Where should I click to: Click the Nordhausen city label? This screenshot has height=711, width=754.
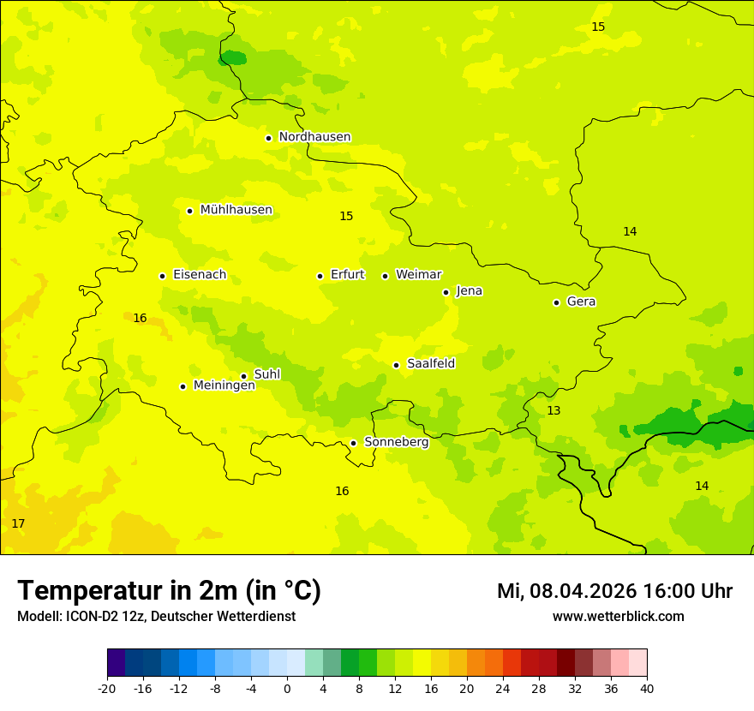tap(314, 137)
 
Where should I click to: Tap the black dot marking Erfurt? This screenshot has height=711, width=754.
tap(320, 276)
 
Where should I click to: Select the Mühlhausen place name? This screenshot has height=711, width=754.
tap(236, 210)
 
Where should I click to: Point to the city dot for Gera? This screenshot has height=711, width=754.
tap(556, 302)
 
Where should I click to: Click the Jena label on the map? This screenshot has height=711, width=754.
tap(469, 291)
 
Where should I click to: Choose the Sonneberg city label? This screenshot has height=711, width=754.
tap(396, 442)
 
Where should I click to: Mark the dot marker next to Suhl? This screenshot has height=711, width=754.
tap(243, 376)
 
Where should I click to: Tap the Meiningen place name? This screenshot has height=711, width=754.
tap(224, 385)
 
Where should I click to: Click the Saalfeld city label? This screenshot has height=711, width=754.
tap(430, 364)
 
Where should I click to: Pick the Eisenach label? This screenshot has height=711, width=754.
tap(199, 275)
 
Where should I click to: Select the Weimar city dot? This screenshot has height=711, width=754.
tap(385, 276)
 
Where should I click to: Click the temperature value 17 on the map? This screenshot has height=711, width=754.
tap(18, 523)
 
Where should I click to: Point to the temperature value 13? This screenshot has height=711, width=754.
tap(554, 411)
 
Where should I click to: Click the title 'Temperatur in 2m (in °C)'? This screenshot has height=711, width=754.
tap(169, 591)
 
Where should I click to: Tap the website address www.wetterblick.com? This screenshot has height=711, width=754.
tap(618, 617)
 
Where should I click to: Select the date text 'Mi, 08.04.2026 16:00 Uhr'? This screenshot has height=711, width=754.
tap(614, 591)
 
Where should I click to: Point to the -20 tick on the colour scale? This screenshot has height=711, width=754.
tap(107, 689)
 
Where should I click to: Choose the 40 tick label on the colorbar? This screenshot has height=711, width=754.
tap(647, 689)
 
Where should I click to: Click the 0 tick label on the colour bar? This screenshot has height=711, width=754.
tap(287, 689)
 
